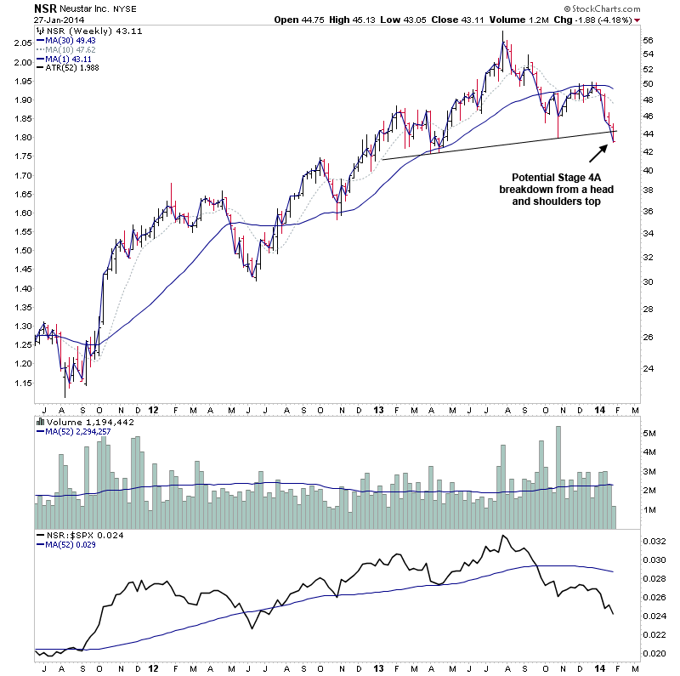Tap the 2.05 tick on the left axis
pyautogui.click(x=23, y=40)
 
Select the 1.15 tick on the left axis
pyautogui.click(x=23, y=383)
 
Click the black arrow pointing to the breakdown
pyautogui.click(x=597, y=153)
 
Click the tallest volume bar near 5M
pyautogui.click(x=558, y=476)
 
